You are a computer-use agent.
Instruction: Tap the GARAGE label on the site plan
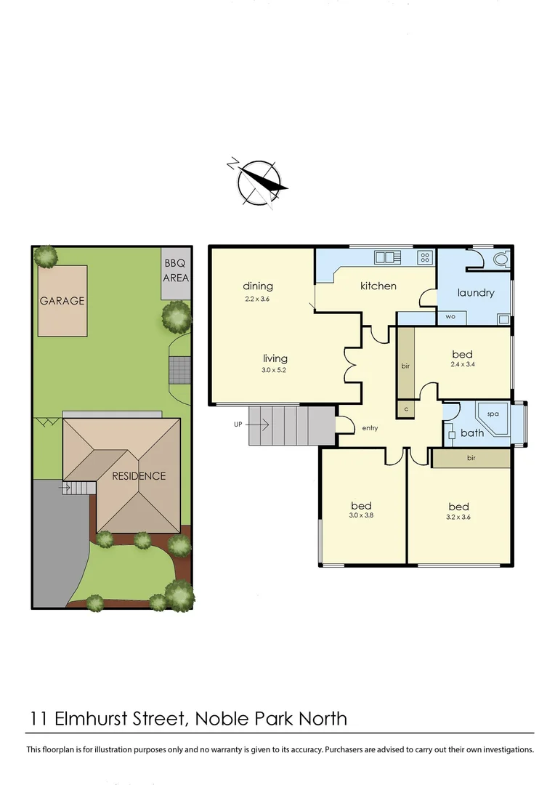[62, 300]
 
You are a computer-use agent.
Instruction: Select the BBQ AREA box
[177, 272]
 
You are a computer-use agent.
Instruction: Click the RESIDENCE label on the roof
[138, 476]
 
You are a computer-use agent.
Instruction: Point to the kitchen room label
[378, 286]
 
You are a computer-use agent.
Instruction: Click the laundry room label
[476, 293]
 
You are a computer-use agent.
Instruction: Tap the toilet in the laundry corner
[501, 258]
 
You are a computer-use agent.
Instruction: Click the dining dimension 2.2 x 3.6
[256, 299]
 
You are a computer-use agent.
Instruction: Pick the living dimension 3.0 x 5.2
[275, 371]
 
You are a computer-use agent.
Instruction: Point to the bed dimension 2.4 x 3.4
[462, 366]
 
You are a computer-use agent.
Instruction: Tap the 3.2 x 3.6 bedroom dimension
[458, 518]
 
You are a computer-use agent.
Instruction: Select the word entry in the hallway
[370, 428]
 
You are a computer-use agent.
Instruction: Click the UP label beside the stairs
[238, 424]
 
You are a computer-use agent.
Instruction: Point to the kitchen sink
[384, 257]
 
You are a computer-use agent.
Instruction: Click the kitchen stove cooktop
[425, 257]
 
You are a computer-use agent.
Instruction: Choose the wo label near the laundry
[451, 318]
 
